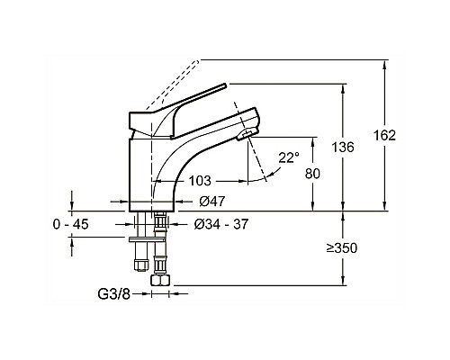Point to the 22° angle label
click(288, 157)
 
